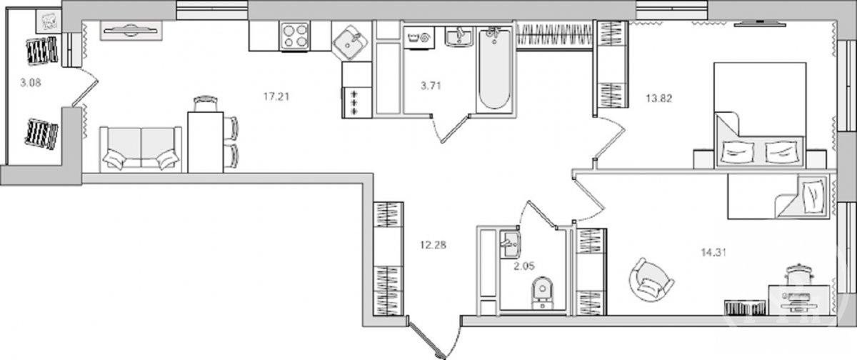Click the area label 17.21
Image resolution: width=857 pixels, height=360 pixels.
276,97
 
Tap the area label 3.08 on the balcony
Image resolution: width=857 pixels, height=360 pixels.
31,83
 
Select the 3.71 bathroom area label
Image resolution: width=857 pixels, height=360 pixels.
431,86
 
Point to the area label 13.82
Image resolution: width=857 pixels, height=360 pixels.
659,99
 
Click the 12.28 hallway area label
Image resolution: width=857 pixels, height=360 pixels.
433,244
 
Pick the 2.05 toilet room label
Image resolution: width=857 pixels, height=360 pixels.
524,266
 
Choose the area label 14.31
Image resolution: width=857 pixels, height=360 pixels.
714,252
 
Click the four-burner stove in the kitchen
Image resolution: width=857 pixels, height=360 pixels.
294,36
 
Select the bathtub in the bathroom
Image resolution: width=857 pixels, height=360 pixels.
494,69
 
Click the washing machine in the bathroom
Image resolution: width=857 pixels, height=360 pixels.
419,37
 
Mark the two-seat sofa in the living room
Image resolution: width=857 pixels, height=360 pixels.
141,149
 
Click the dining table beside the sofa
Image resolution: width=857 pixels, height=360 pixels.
206,142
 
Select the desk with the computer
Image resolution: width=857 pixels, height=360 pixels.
799,300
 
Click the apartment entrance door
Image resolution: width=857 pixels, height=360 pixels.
426,337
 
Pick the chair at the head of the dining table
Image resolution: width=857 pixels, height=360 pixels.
206,104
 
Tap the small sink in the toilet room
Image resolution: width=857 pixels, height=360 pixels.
510,244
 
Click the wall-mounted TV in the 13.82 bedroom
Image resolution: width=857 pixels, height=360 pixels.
760,24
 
